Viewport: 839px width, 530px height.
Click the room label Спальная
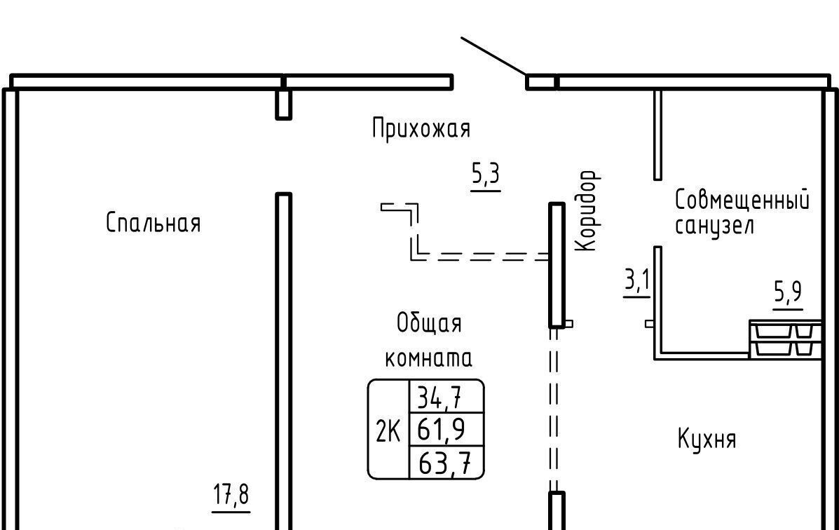(154, 223)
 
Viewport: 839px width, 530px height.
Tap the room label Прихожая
(421, 129)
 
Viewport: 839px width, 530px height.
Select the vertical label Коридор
(586, 210)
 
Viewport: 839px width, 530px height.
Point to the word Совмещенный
(742, 201)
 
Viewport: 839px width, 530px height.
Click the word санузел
(714, 226)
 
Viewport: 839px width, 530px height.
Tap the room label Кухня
(707, 440)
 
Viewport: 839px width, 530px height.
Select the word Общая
(429, 324)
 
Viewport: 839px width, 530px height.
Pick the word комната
(428, 358)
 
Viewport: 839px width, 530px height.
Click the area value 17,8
(231, 495)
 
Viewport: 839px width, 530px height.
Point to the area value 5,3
(485, 174)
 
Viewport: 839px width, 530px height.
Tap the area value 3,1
(637, 282)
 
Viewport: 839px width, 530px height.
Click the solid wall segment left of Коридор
(557, 265)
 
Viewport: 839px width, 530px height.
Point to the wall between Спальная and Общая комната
(283, 351)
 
